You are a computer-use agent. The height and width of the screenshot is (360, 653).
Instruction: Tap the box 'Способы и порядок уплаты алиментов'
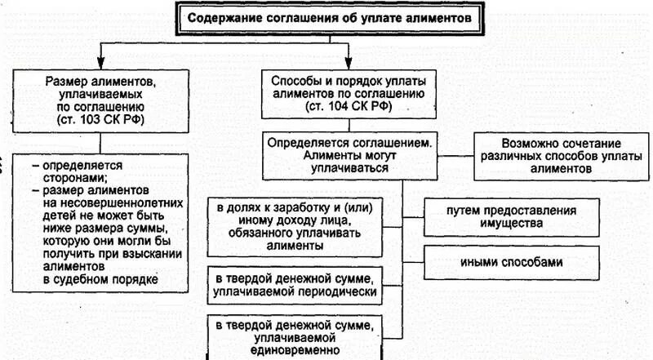(x=348, y=95)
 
